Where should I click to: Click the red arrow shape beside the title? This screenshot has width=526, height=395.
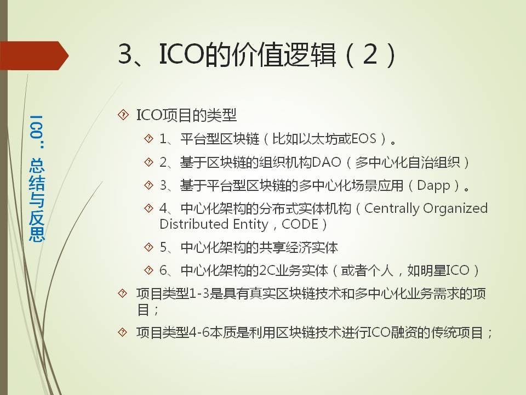pos(33,55)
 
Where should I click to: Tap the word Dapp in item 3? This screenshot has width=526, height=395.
pos(433,186)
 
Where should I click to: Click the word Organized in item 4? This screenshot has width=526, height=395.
pos(455,208)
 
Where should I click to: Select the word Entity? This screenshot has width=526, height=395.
pos(250,224)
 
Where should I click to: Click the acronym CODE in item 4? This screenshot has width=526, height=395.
pos(300,224)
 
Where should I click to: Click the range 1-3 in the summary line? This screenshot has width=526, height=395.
pos(199,294)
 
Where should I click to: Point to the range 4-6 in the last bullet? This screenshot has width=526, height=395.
pos(199,332)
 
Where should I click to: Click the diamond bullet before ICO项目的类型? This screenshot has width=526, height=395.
pos(123,115)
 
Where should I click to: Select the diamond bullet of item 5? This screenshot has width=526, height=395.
pos(148,247)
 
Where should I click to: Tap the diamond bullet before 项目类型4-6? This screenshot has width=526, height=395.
pos(123,332)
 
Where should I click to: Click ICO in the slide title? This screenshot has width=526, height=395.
pos(181,54)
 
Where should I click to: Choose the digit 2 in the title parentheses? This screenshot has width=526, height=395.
pos(370,55)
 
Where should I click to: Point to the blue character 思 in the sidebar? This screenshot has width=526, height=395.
pos(37,234)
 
